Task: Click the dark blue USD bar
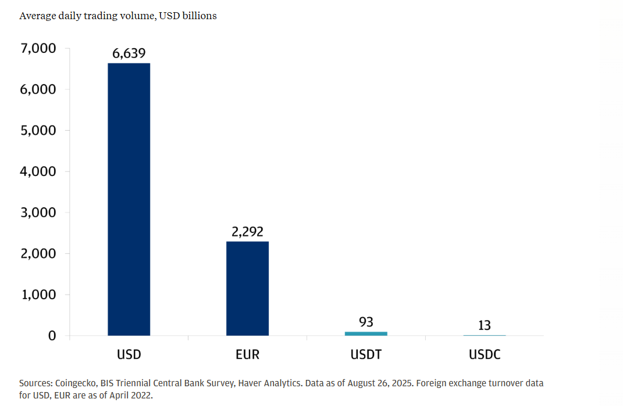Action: coord(129,199)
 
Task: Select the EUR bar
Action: coord(247,288)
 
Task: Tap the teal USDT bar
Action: coord(366,333)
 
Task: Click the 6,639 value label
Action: coord(129,54)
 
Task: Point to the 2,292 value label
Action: coord(247,232)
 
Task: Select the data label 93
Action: coord(366,322)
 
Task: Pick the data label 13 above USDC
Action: coord(484,325)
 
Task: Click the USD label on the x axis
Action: coord(129,354)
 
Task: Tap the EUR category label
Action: coord(247,354)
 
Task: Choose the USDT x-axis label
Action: coord(366,354)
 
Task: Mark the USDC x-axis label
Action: coord(485,354)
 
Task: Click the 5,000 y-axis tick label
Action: coord(38,131)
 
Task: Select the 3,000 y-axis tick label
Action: coord(38,213)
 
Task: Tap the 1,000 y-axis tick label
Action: coord(38,295)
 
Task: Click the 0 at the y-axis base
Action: coord(52,336)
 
